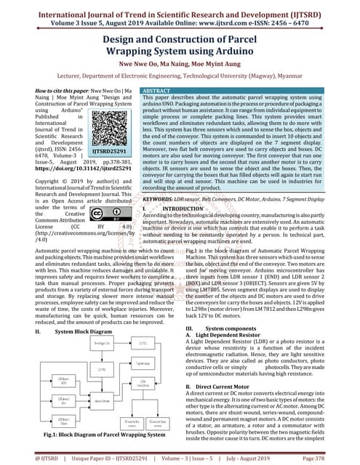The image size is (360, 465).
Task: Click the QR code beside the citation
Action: [x=116, y=143]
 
